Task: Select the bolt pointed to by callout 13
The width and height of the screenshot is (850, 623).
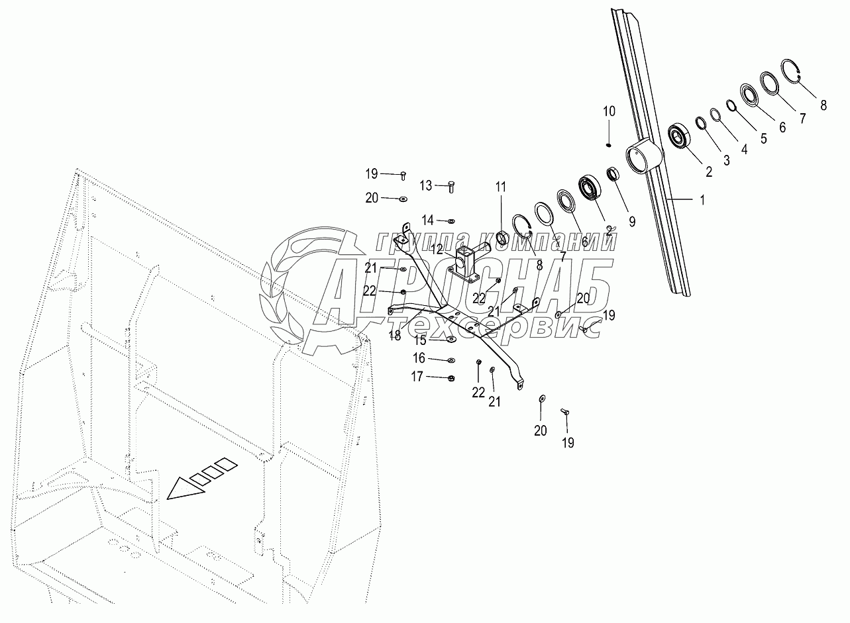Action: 451,186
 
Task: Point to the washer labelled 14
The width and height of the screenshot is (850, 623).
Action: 451,220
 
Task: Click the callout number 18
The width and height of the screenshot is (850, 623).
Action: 396,336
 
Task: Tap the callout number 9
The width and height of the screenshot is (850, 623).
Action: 632,222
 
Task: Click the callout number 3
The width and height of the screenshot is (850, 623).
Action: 726,160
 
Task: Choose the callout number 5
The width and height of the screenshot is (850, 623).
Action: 763,138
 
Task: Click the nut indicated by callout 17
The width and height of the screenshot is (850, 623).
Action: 450,378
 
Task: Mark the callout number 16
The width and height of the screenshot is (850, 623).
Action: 419,358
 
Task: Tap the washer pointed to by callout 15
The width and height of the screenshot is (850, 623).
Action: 451,340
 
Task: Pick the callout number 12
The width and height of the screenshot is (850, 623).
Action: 437,248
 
